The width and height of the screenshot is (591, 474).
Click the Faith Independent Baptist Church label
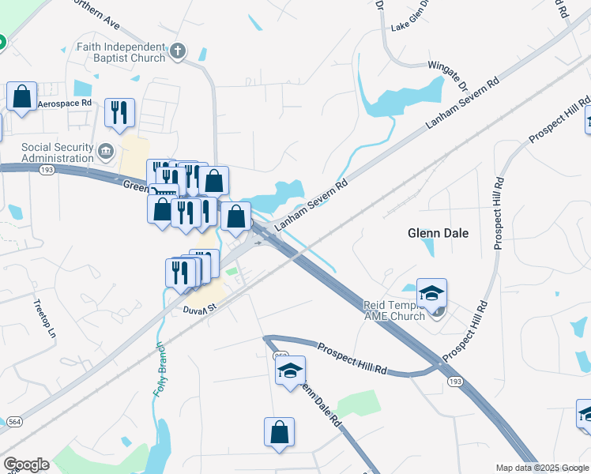coord(121,52)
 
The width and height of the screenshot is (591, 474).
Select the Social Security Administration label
coord(58,152)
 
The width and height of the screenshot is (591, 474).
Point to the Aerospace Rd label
coord(66,103)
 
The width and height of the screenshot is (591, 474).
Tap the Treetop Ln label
coord(45,318)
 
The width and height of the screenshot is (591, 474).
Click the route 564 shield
coord(16,422)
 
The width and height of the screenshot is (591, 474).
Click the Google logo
coord(27,464)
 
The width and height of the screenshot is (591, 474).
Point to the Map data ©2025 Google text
coord(542,468)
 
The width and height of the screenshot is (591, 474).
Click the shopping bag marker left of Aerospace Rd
coord(22,97)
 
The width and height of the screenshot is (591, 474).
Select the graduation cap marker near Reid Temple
coord(431,294)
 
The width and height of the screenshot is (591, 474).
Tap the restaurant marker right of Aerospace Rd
coord(119,112)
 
